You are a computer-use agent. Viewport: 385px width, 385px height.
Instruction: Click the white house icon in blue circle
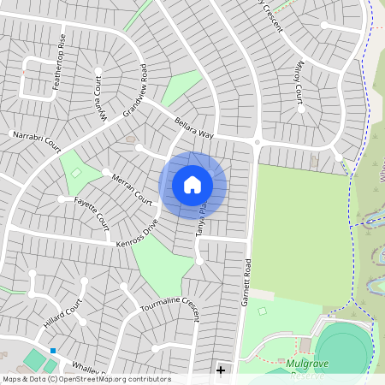coord(192,185)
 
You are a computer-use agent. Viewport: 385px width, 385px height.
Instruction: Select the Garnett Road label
coord(246,282)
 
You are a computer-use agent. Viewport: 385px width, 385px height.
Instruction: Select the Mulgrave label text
coord(309,364)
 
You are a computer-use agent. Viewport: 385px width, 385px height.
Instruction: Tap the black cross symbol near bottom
coord(221,370)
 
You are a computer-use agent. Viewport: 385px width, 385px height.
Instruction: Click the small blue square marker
coord(53,351)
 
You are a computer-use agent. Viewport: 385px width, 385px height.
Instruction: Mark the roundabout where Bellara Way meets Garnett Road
coord(256,141)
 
